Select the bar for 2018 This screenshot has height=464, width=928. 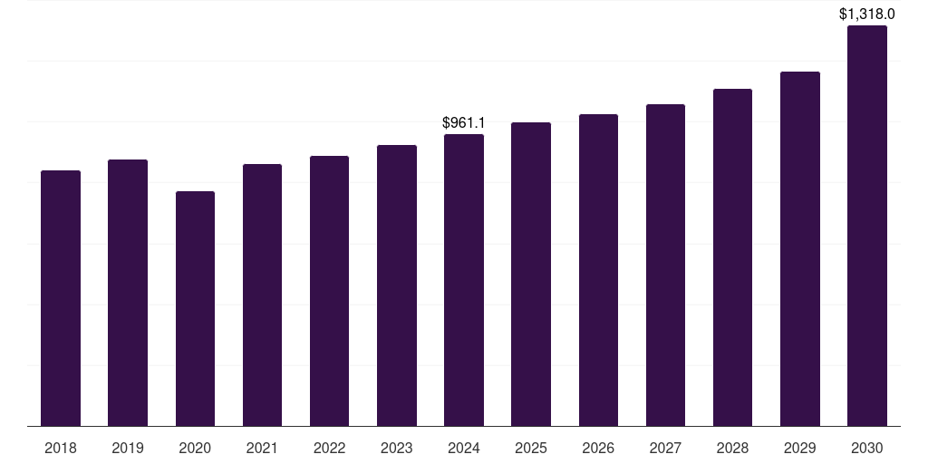click(x=61, y=298)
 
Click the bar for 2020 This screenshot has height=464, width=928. click(x=196, y=308)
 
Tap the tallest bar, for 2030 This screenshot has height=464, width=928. click(x=867, y=226)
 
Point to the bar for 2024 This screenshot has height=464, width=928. click(x=464, y=280)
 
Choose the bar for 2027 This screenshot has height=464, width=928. click(x=665, y=266)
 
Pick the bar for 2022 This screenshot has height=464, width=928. click(x=329, y=291)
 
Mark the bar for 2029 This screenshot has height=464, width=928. click(x=800, y=248)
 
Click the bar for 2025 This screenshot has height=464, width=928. click(x=531, y=274)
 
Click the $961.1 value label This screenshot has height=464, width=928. click(x=464, y=122)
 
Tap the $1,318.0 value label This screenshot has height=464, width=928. click(x=867, y=14)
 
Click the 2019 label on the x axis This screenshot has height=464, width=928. click(x=128, y=448)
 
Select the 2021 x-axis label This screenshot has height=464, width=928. click(x=262, y=448)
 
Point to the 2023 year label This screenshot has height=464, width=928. click(x=397, y=448)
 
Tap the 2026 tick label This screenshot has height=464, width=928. click(x=598, y=448)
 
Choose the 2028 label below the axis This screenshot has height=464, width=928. click(x=732, y=448)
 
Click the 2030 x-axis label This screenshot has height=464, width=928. click(x=867, y=448)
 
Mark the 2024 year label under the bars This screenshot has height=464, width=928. click(x=464, y=448)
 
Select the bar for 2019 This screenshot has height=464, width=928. click(x=128, y=293)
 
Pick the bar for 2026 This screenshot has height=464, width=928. click(x=598, y=270)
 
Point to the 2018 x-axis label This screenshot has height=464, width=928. click(x=61, y=448)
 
